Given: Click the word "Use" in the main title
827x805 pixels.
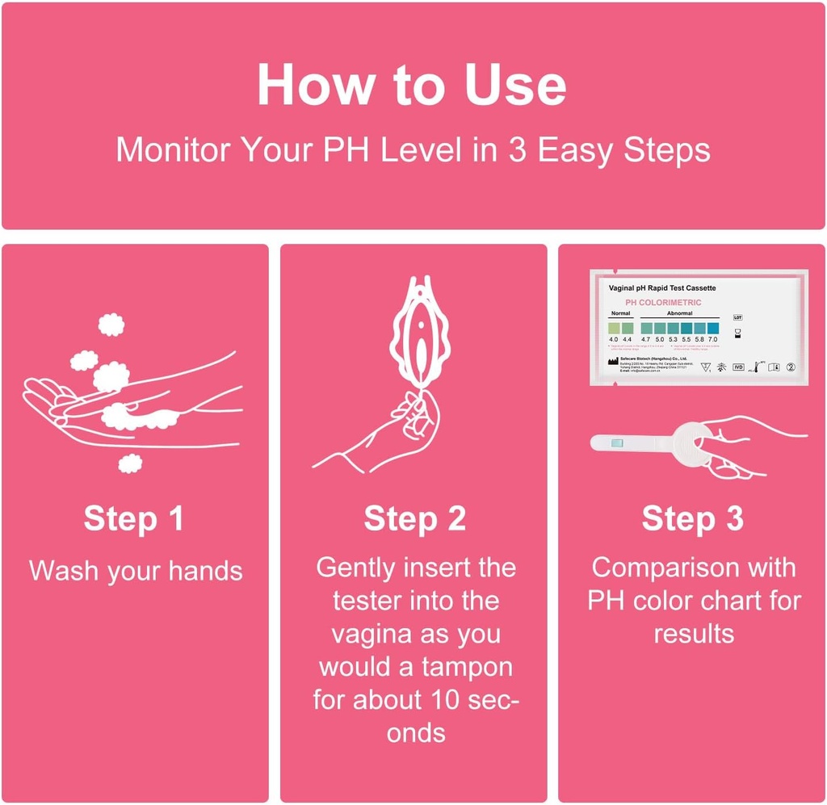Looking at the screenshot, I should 515,85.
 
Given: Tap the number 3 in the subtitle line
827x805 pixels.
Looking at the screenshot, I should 511,150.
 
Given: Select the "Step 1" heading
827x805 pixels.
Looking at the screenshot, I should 134,519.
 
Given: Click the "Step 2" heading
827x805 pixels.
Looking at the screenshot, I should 414,519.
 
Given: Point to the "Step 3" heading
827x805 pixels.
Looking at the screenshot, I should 692,519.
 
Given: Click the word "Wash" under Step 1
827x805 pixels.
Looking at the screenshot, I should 65,571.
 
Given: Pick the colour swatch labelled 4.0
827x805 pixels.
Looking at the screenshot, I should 614,326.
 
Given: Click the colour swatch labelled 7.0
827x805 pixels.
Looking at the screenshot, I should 712,326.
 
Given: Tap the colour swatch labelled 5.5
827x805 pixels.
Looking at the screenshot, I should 686,326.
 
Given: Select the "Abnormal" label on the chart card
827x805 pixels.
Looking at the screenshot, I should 680,312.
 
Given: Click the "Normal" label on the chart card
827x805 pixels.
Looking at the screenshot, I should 620,312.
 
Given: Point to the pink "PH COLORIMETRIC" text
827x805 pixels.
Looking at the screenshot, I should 663,302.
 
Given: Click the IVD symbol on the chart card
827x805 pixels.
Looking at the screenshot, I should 737,367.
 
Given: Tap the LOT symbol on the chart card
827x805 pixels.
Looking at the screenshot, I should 737,317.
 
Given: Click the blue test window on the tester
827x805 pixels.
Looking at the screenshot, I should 618,442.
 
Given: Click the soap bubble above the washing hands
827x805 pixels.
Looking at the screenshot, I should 111,325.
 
